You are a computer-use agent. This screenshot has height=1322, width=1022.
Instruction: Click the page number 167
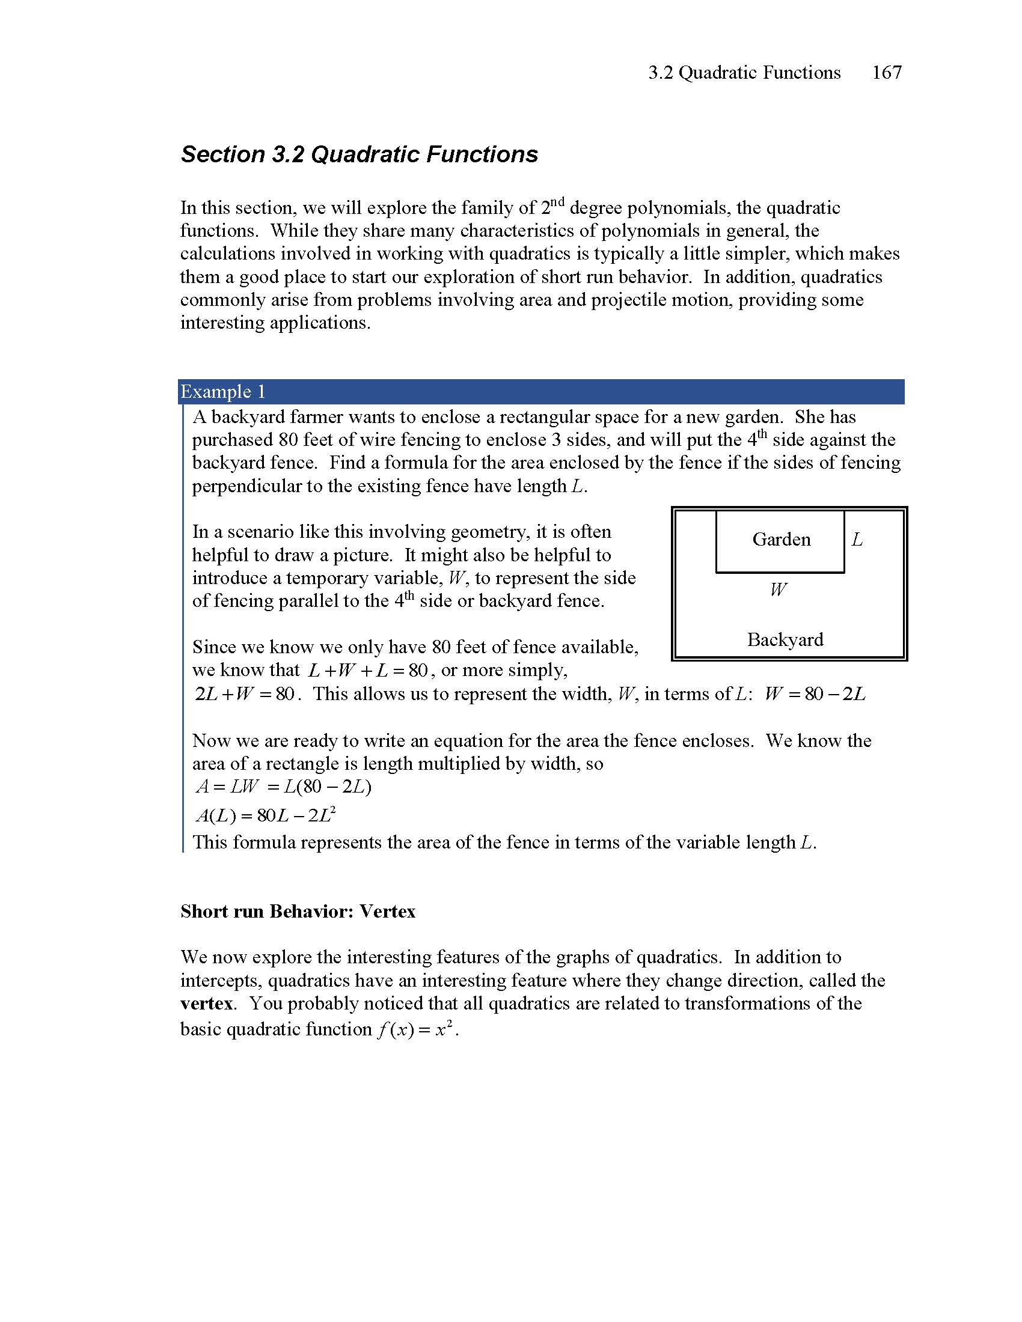point(886,73)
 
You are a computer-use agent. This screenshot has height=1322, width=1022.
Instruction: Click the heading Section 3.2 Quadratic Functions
point(359,154)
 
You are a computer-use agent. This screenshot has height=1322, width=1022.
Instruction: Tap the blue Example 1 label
point(223,392)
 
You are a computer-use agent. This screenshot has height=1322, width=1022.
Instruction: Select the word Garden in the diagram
point(781,540)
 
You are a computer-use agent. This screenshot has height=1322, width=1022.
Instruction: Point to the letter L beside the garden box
point(857,540)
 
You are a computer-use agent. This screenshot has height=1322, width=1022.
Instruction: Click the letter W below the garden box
point(778,589)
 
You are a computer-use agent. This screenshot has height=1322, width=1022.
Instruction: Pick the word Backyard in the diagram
point(785,639)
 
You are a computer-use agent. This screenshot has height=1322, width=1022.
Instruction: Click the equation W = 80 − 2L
point(815,693)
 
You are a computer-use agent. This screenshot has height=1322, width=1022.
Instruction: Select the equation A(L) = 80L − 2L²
point(266,815)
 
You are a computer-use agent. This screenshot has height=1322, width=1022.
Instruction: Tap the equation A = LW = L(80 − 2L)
point(283,787)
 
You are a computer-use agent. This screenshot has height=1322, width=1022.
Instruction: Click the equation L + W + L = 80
point(367,671)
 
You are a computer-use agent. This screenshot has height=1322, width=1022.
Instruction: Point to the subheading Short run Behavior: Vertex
point(298,912)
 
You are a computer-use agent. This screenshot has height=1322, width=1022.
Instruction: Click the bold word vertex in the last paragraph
point(206,1003)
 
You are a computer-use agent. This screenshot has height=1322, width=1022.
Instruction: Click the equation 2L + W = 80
point(245,693)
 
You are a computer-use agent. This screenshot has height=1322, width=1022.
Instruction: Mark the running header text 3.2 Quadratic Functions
point(744,73)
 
